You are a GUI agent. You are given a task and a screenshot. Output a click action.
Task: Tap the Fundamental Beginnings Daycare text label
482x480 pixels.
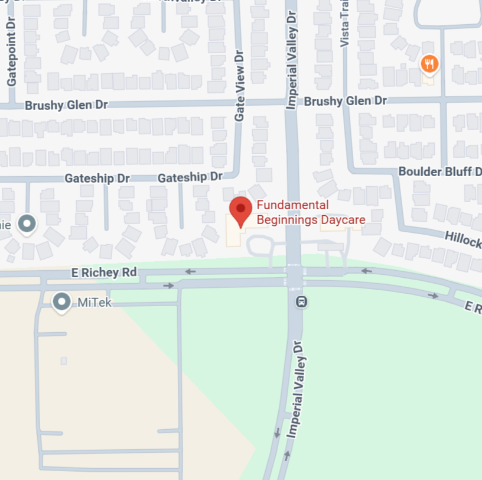pos(311,213)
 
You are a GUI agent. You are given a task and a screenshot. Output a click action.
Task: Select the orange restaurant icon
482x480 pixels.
pos(429,64)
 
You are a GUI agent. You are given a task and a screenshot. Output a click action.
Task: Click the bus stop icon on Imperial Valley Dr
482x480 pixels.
pos(301,302)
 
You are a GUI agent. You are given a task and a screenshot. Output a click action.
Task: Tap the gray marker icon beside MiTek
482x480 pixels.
pos(61,302)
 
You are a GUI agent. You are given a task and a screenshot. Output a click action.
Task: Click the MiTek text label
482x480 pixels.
pos(95,303)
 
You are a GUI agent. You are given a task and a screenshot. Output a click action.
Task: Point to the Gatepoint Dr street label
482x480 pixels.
pos(12,53)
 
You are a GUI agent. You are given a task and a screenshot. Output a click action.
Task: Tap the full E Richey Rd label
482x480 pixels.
pos(104,273)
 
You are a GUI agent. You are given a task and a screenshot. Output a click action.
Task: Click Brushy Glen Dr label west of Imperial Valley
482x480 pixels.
pos(66,105)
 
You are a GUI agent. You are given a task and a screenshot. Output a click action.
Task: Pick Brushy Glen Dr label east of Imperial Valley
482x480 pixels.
pos(345,101)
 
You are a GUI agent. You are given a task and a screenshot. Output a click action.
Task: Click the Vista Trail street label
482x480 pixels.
pos(345,24)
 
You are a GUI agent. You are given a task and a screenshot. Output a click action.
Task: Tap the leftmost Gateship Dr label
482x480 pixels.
pos(97,178)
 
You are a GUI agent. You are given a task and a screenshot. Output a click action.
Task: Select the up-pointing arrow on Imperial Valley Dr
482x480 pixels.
pos(288,455)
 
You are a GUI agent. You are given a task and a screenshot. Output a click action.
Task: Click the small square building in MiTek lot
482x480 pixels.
pos(64,361)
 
